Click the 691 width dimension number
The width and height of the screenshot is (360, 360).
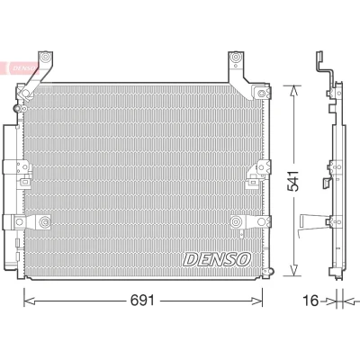142,300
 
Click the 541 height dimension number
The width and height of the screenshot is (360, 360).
293,181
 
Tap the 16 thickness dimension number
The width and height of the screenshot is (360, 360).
310,301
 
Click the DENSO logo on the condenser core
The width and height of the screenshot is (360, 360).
217,259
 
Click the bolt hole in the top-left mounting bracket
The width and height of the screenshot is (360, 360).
45,57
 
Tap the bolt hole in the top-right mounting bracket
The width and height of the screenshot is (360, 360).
235,57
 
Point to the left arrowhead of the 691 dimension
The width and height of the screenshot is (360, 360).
30,301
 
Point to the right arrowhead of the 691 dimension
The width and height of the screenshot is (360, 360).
257,301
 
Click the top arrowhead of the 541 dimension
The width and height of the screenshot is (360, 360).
293,90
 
